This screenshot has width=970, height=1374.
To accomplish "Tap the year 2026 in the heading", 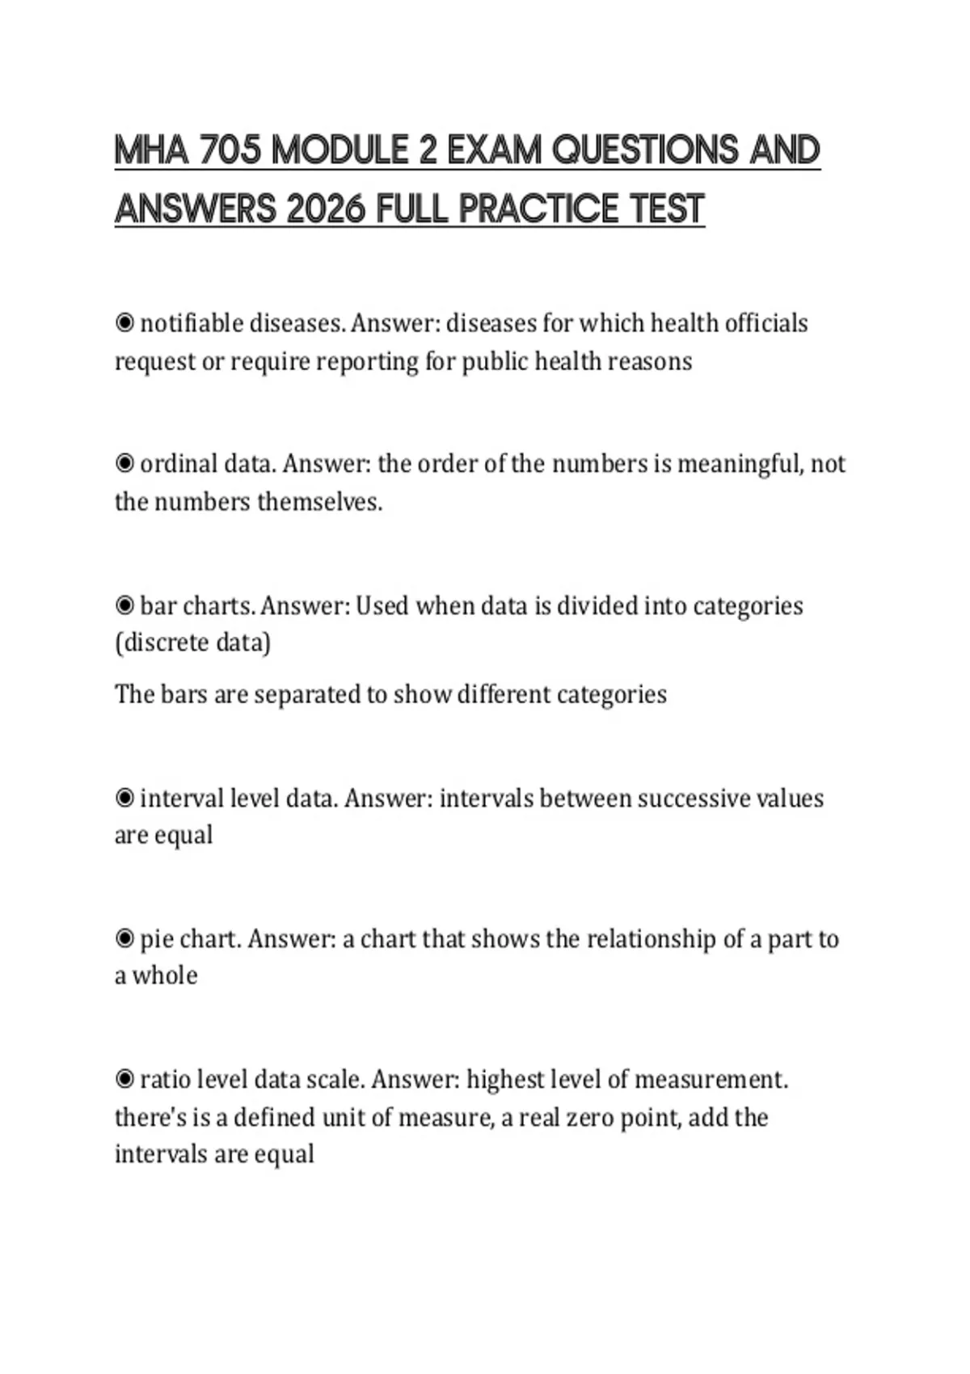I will pyautogui.click(x=327, y=209).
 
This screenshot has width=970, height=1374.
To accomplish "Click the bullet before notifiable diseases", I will pyautogui.click(x=124, y=323).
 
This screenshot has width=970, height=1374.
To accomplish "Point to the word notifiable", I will pyautogui.click(x=192, y=323).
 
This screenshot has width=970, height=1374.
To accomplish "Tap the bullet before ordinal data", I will pyautogui.click(x=124, y=464).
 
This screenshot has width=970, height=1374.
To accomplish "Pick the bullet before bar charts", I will pyautogui.click(x=124, y=605).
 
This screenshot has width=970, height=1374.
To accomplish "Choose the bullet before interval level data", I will pyautogui.click(x=124, y=799).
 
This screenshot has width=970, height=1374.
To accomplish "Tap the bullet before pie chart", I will pyautogui.click(x=124, y=939).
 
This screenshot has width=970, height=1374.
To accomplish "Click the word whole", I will pyautogui.click(x=165, y=976).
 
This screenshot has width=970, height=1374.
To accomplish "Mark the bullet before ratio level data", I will pyautogui.click(x=124, y=1080).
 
